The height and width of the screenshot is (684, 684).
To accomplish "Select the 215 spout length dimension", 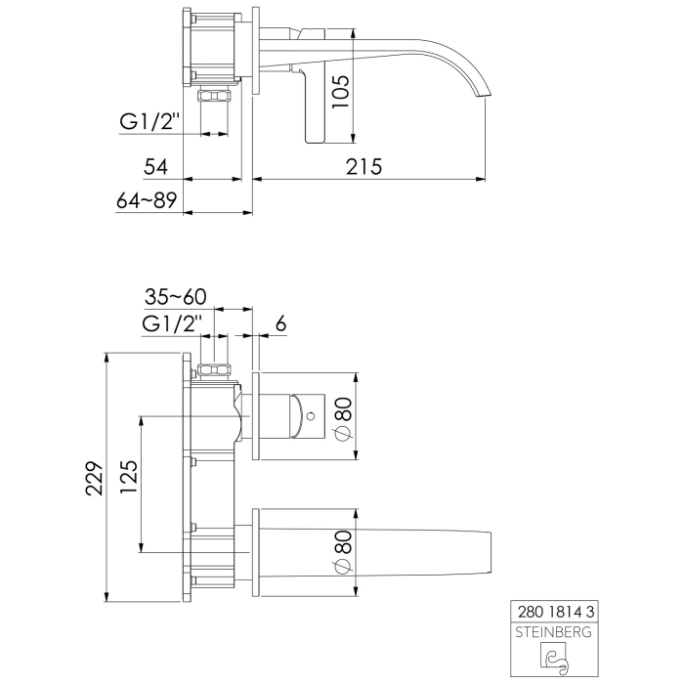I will pos(363,166).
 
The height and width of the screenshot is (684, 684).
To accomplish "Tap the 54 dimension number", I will pos(155,166).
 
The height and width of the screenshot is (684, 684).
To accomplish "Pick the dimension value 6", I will pos(281,323).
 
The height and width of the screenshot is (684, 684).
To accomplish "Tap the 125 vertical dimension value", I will pos(129,479).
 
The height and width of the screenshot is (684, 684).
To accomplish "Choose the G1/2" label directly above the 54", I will pos(152,122).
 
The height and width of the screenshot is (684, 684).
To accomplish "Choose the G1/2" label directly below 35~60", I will pos(172,322).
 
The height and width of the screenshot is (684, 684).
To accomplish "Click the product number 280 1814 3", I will pos(554,611).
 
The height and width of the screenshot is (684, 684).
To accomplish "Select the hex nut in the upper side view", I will pos(212,95).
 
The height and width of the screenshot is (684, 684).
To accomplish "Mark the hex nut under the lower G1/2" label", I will pos(214,370).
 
